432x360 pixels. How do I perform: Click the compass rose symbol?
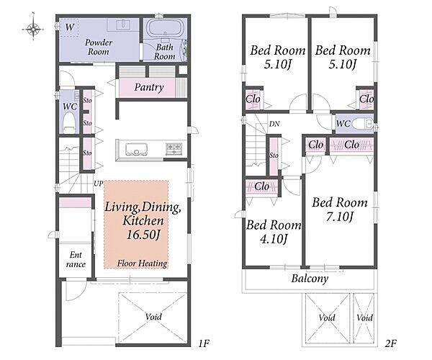pos(33,28)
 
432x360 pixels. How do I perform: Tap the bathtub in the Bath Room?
pos(165,27)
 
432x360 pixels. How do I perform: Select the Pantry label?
pos(149,88)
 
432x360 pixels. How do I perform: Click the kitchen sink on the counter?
pos(136,150)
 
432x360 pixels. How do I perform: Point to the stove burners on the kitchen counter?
pos(174,148)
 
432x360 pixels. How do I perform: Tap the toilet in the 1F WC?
pos(69,125)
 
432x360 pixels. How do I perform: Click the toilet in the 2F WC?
pos(361,124)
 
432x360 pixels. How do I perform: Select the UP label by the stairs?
pos(99,184)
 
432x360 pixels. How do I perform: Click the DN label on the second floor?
pos(274,124)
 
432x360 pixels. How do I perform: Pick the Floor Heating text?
pos(142,264)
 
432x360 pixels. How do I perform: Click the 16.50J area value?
pos(143,235)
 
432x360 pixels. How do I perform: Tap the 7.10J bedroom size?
pos(340,217)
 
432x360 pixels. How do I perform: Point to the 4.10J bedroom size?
pos(274,239)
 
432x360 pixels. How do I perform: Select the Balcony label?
pos(310,279)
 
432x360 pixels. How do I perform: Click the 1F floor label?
pos(204,343)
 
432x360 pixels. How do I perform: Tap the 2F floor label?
pos(390,343)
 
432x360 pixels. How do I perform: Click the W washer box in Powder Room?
pos(70,27)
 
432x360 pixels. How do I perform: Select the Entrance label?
pos(76,259)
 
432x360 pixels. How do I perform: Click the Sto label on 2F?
pos(274,156)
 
